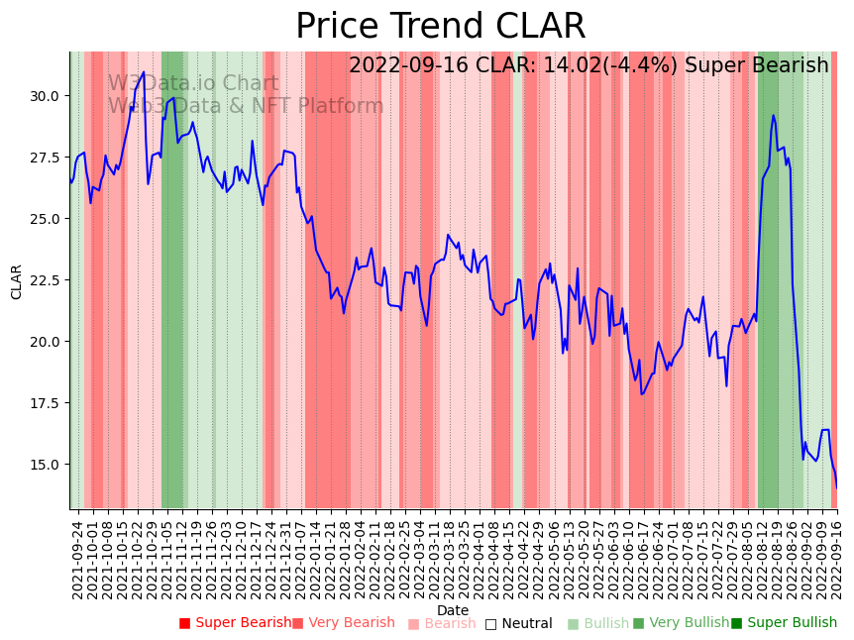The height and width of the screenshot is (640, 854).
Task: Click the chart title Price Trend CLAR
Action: [441, 27]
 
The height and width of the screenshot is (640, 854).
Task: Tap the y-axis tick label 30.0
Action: [44, 96]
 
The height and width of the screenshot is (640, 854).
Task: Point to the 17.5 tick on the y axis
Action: [44, 404]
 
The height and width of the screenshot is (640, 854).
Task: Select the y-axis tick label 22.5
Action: [44, 281]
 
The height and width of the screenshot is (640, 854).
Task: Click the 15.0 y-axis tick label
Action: [44, 465]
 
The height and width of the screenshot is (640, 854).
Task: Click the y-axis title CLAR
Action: [17, 281]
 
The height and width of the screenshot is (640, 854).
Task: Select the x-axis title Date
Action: [453, 611]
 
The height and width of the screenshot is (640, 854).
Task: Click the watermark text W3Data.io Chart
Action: [193, 84]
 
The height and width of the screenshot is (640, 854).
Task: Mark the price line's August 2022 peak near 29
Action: [773, 116]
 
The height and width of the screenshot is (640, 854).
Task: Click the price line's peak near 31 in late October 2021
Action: [144, 72]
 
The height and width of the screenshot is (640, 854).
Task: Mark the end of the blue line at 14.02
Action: [836, 486]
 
